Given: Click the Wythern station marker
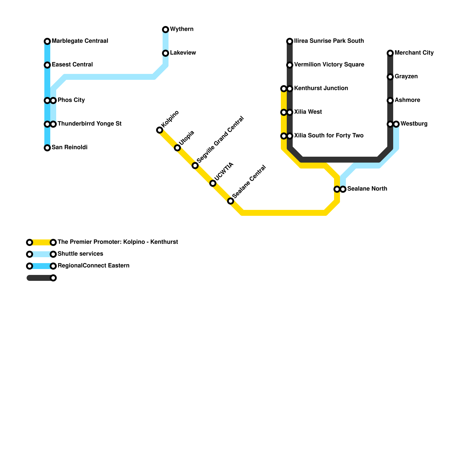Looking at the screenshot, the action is (x=166, y=30).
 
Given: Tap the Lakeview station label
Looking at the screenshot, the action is (x=183, y=53).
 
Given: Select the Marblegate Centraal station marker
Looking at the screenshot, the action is (x=47, y=41).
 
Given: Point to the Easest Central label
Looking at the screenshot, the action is (x=72, y=65).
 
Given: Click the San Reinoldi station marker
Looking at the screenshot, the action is (x=47, y=148).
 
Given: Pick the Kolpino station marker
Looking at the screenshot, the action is (x=160, y=130).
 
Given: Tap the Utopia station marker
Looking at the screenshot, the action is (x=177, y=148).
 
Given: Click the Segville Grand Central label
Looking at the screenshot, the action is (x=220, y=140).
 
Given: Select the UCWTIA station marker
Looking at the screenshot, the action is (x=213, y=183).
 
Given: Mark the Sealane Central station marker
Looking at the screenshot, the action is (x=231, y=201).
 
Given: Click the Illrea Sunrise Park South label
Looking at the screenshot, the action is (x=329, y=41).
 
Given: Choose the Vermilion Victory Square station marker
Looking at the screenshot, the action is (x=290, y=65).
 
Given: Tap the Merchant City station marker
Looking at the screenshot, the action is (x=390, y=53).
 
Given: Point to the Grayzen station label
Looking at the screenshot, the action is (x=406, y=77).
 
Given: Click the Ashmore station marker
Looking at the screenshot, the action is (x=390, y=101).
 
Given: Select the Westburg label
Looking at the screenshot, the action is (x=414, y=124).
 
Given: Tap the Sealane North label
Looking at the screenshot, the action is (x=367, y=189).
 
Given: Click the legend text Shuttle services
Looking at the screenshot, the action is (x=80, y=254).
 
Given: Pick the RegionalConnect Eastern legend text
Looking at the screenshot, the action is (x=93, y=266).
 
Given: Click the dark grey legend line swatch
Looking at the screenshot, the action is (x=40, y=278).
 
